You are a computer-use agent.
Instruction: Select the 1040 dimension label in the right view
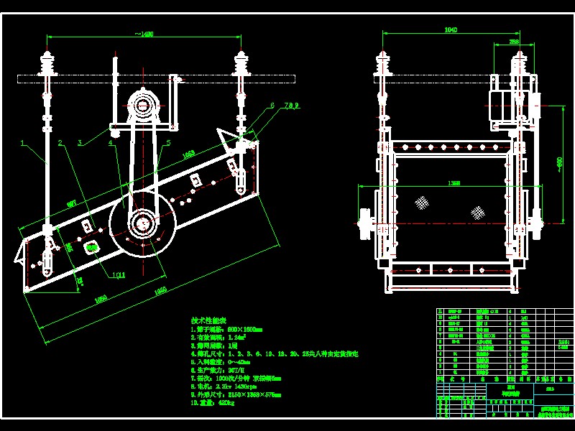pyautogui.click(x=451, y=30)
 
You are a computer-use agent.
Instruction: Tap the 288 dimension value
pyautogui.click(x=515, y=42)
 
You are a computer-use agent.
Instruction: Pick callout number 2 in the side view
pyautogui.click(x=60, y=142)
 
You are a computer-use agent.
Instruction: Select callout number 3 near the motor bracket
pyautogui.click(x=80, y=142)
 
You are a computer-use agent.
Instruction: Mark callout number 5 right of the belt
pyautogui.click(x=167, y=142)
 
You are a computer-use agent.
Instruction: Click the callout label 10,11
pyautogui.click(x=118, y=274)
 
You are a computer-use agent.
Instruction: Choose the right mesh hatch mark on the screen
pyautogui.click(x=477, y=212)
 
